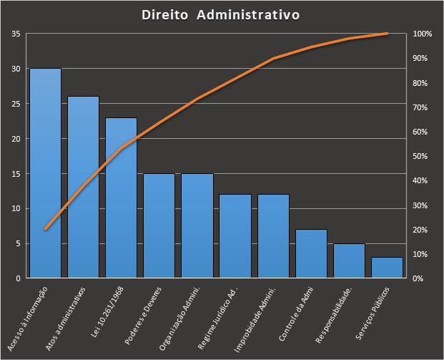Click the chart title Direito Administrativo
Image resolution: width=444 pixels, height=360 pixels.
click(220, 15)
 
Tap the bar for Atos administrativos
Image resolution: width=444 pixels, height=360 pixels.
click(83, 187)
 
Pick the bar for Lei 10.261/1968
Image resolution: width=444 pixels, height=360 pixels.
click(121, 198)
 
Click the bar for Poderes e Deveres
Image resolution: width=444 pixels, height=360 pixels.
click(159, 225)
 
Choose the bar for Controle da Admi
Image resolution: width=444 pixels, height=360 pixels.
click(311, 253)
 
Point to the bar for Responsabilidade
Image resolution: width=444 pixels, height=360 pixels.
click(349, 261)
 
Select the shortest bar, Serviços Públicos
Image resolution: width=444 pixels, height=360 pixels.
click(387, 268)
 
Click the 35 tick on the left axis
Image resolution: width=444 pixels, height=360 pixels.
click(15, 34)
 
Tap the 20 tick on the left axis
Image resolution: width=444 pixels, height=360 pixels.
click(15, 139)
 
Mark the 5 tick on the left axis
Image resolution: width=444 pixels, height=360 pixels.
click(17, 243)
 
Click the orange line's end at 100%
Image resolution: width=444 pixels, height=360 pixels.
click(387, 34)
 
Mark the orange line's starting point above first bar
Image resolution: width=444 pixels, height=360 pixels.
click(45, 229)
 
